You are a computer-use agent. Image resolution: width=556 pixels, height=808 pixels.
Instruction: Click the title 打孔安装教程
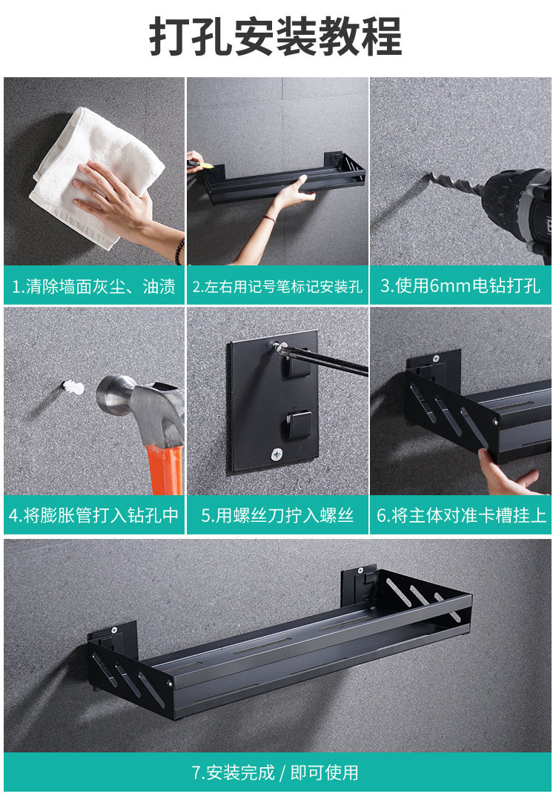coord(276,36)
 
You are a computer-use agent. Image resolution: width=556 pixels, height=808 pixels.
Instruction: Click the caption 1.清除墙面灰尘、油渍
coord(93,286)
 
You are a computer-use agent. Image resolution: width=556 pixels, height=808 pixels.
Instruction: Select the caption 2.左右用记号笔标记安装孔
coord(277,286)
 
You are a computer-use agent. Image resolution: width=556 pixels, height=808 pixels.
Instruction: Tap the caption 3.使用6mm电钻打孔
coord(460,286)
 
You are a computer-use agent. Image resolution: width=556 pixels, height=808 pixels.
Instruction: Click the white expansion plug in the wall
coord(73,386)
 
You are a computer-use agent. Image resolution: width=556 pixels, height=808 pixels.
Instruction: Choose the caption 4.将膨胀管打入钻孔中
coord(93,515)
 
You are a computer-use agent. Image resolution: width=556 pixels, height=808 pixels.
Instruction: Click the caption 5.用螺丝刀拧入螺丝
coord(277,515)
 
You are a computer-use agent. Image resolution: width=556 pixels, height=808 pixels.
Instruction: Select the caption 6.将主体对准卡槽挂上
coord(460,515)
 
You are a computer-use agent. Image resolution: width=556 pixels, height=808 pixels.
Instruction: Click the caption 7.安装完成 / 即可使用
coord(276,772)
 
